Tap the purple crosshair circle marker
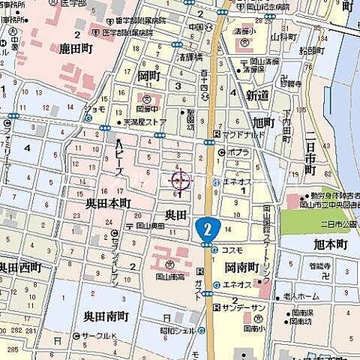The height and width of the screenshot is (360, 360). pos(180,180)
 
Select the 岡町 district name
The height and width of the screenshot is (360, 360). pos(149,76)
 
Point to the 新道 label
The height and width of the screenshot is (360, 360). pos(257,96)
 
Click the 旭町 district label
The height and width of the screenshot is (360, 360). pos(264,122)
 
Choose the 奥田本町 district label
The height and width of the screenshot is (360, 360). pos(107,203)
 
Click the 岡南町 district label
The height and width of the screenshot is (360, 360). pos(241,268)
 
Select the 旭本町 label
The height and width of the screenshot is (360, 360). pos(331,245)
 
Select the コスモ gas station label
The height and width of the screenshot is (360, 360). pos(231,250)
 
